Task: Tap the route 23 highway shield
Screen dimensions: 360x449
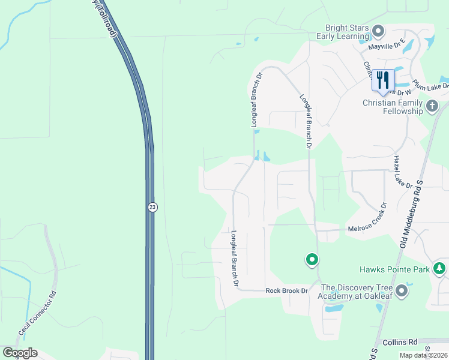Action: [x=152, y=207]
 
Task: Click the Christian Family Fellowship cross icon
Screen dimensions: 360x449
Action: [x=432, y=107]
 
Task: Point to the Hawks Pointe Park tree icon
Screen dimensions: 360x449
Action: [x=440, y=269]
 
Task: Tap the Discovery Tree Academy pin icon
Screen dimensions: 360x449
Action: [x=402, y=291]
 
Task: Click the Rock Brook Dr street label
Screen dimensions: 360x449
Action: [x=286, y=291]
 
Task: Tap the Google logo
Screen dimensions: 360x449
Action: [x=20, y=353]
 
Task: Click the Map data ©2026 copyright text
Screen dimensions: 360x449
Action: [x=423, y=355]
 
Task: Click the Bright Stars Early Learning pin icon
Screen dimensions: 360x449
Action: [x=378, y=31]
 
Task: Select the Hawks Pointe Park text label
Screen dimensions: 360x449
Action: [x=394, y=270]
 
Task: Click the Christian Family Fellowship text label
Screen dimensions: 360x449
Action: [x=393, y=107]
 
